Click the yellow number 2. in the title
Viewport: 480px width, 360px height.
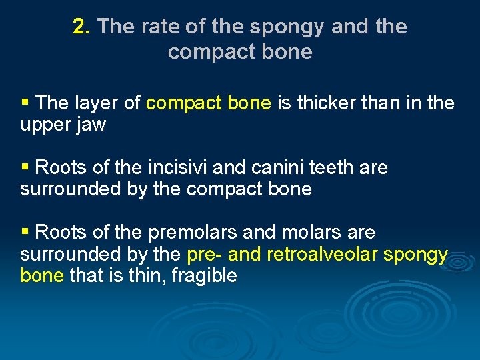[81, 27]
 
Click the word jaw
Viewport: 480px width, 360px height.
[91, 125]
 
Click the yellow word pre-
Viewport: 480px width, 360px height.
[205, 255]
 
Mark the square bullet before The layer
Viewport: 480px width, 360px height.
[25, 103]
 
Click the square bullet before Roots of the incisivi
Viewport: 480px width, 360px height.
[25, 167]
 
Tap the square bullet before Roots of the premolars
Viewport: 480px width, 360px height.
[25, 231]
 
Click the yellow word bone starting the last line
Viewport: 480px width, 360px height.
[41, 275]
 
